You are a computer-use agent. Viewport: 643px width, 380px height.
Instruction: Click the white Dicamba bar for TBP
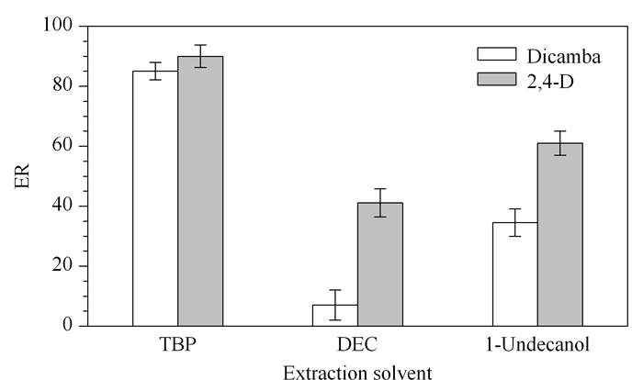155,198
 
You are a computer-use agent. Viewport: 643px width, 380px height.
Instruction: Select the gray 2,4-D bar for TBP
200,191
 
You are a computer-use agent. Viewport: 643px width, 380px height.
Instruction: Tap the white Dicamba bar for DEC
335,315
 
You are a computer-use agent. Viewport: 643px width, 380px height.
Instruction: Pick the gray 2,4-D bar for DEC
380,264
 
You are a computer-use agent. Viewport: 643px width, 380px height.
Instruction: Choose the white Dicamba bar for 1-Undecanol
515,274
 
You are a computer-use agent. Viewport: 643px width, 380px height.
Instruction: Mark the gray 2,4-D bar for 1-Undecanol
560,234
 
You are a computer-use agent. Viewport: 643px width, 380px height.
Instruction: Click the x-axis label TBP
177,344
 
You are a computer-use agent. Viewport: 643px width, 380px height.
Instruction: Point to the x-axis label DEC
357,344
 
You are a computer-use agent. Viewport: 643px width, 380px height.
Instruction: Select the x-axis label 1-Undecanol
537,344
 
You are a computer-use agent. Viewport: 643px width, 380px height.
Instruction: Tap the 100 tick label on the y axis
58,26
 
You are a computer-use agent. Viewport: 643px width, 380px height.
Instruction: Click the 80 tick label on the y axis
62,85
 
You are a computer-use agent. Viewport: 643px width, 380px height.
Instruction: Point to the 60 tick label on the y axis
62,146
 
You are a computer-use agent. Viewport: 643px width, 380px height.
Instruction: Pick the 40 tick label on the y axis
62,206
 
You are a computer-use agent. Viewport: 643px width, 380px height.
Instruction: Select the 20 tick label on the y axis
62,265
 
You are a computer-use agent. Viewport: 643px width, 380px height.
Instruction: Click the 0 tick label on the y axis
68,325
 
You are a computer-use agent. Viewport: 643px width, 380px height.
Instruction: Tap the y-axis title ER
22,176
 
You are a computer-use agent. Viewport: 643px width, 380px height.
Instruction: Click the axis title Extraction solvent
357,373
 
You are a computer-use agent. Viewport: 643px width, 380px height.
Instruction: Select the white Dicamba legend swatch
497,54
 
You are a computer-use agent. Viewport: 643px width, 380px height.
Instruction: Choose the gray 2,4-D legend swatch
497,79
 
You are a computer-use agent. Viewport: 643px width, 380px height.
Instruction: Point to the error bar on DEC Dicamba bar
335,305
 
